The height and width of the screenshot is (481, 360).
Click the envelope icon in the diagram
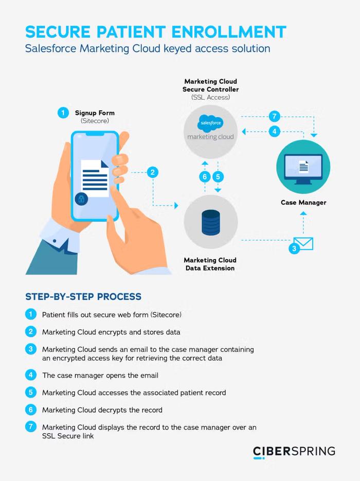coord(303,243)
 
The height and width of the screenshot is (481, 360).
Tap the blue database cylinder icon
coord(211,222)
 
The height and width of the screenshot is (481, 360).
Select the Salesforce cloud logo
coord(211,123)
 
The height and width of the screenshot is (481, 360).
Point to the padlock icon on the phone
coord(81,199)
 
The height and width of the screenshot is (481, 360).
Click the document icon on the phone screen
coord(95,177)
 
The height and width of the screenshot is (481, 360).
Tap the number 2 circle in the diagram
coord(152,172)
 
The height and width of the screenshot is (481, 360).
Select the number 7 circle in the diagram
coord(275,115)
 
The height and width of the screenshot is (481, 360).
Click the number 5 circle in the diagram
coord(218,176)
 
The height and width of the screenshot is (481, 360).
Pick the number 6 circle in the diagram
coord(204,176)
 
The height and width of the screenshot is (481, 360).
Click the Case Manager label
coord(303,202)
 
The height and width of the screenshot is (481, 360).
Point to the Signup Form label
coord(95,113)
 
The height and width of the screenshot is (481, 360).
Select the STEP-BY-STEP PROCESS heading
coord(83,297)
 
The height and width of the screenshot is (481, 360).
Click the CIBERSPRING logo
coord(294,452)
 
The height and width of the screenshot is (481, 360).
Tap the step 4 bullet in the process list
coord(31,375)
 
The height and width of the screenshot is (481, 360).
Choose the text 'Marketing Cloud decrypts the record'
coord(102,410)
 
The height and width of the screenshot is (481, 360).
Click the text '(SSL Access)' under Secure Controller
coord(210,97)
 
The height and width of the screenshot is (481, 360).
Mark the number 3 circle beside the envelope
coord(294,248)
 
